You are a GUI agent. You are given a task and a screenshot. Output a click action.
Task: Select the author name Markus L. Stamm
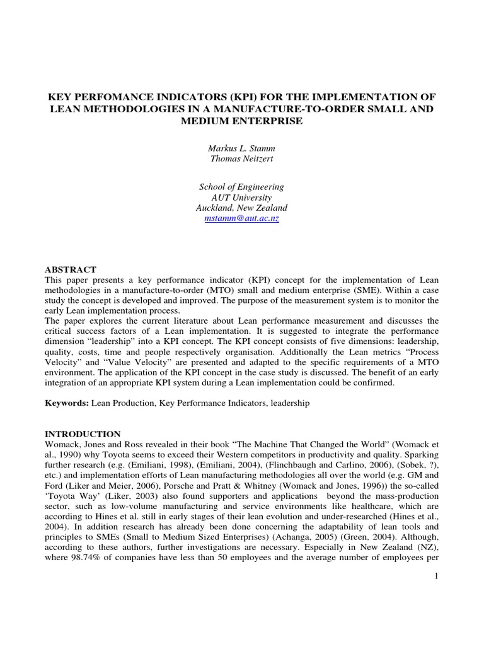pyautogui.click(x=242, y=148)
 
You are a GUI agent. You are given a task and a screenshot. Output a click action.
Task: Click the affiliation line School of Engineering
pyautogui.click(x=242, y=187)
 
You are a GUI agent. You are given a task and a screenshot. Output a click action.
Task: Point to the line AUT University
pyautogui.click(x=242, y=197)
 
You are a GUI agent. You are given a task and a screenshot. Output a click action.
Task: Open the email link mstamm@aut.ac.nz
pyautogui.click(x=242, y=218)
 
